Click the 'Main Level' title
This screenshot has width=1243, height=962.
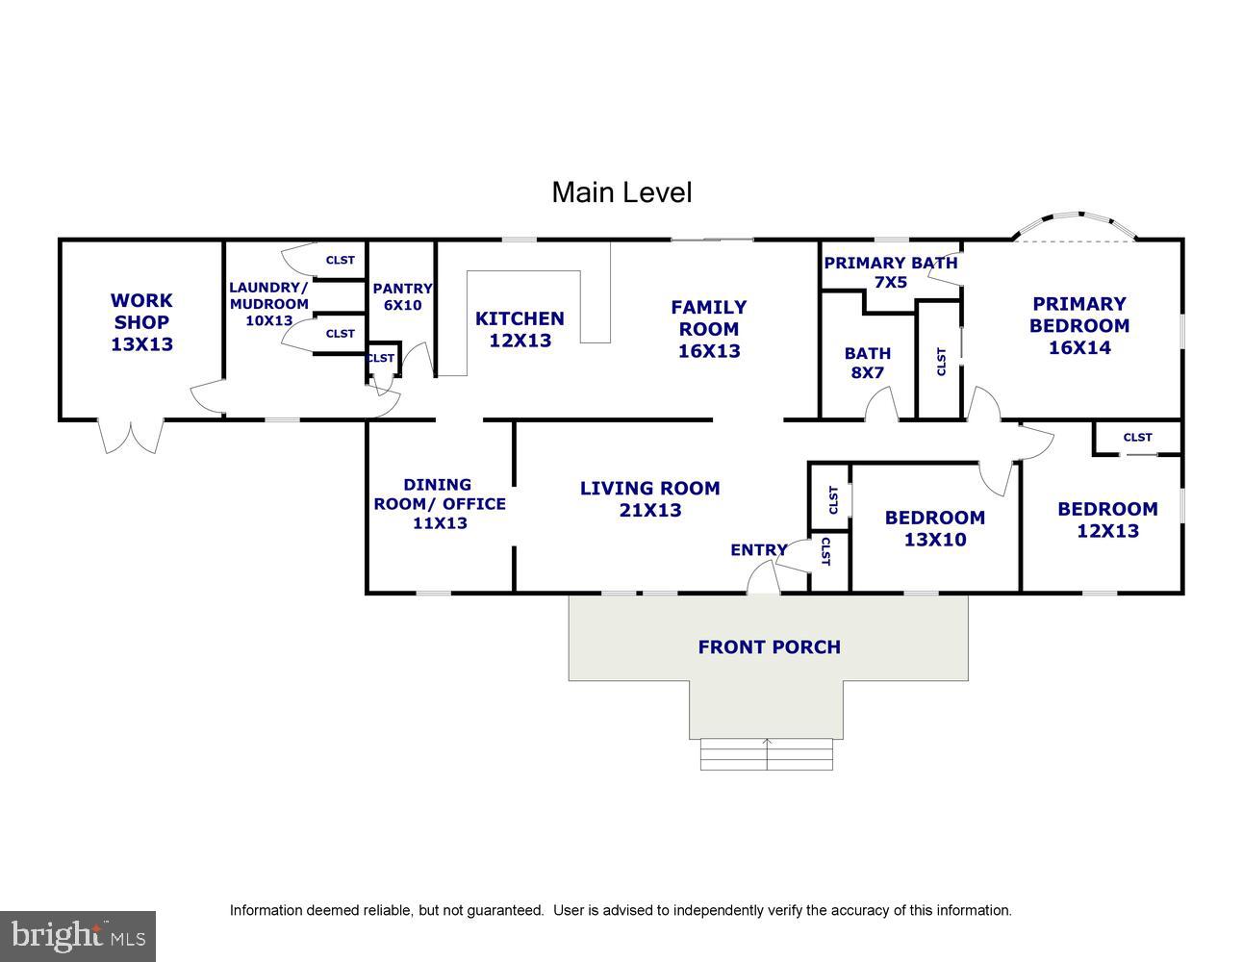pos(621,192)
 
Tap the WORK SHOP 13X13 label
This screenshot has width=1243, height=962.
pos(141,322)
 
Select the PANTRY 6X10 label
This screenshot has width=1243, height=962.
pos(403,296)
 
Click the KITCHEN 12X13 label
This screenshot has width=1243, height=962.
pos(520,329)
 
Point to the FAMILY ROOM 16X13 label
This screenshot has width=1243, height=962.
pos(709,329)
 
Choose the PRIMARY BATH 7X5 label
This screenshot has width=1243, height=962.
pos(891,272)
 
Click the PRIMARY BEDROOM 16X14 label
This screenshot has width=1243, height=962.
pos(1079,325)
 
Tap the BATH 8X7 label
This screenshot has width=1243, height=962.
pos(868,363)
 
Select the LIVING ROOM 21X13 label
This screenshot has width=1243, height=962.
pos(649,498)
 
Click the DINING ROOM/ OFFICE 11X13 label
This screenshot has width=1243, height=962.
pos(440,504)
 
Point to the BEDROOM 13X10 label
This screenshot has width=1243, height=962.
pos(935,528)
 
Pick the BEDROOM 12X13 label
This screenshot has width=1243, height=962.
pos(1107,519)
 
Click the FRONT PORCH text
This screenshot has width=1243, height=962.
pos(770,646)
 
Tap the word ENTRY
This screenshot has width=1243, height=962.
pos(759,549)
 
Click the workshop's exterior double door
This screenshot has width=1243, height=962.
pos(131,437)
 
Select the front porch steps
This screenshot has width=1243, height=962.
pos(767,754)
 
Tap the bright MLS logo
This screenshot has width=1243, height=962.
pos(78,936)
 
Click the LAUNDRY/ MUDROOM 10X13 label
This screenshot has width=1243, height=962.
pos(268,304)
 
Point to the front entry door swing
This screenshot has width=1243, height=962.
pos(764,576)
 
